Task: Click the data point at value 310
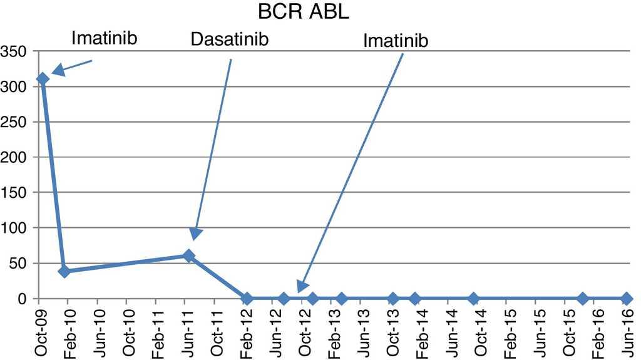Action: click(43, 79)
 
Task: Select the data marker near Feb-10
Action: click(64, 271)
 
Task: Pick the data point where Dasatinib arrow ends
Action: click(188, 255)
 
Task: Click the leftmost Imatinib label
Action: click(104, 38)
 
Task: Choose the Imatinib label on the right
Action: click(396, 41)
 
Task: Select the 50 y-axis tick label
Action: click(19, 264)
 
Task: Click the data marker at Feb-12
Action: click(247, 298)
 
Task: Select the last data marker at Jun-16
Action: click(627, 298)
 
